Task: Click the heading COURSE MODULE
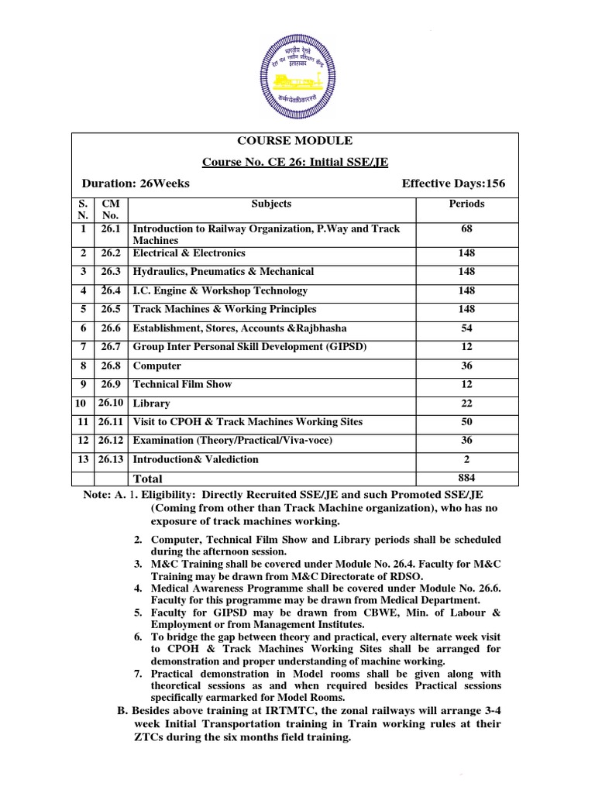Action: click(x=295, y=141)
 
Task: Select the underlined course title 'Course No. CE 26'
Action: click(x=295, y=163)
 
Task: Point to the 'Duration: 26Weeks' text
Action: click(x=136, y=184)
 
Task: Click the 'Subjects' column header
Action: click(x=271, y=204)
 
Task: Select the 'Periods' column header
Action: click(x=466, y=204)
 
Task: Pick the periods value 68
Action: click(x=466, y=229)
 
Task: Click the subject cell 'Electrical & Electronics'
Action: click(x=189, y=253)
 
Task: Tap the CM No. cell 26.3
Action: click(x=112, y=272)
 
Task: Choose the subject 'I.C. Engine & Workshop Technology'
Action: click(x=220, y=291)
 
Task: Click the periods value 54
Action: click(x=466, y=328)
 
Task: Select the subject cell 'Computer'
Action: click(x=157, y=366)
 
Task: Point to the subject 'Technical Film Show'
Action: click(x=182, y=385)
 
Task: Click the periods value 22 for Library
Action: click(x=466, y=403)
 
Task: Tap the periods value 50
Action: click(x=466, y=422)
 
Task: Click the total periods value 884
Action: click(x=466, y=478)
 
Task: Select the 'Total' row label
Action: click(x=149, y=479)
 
